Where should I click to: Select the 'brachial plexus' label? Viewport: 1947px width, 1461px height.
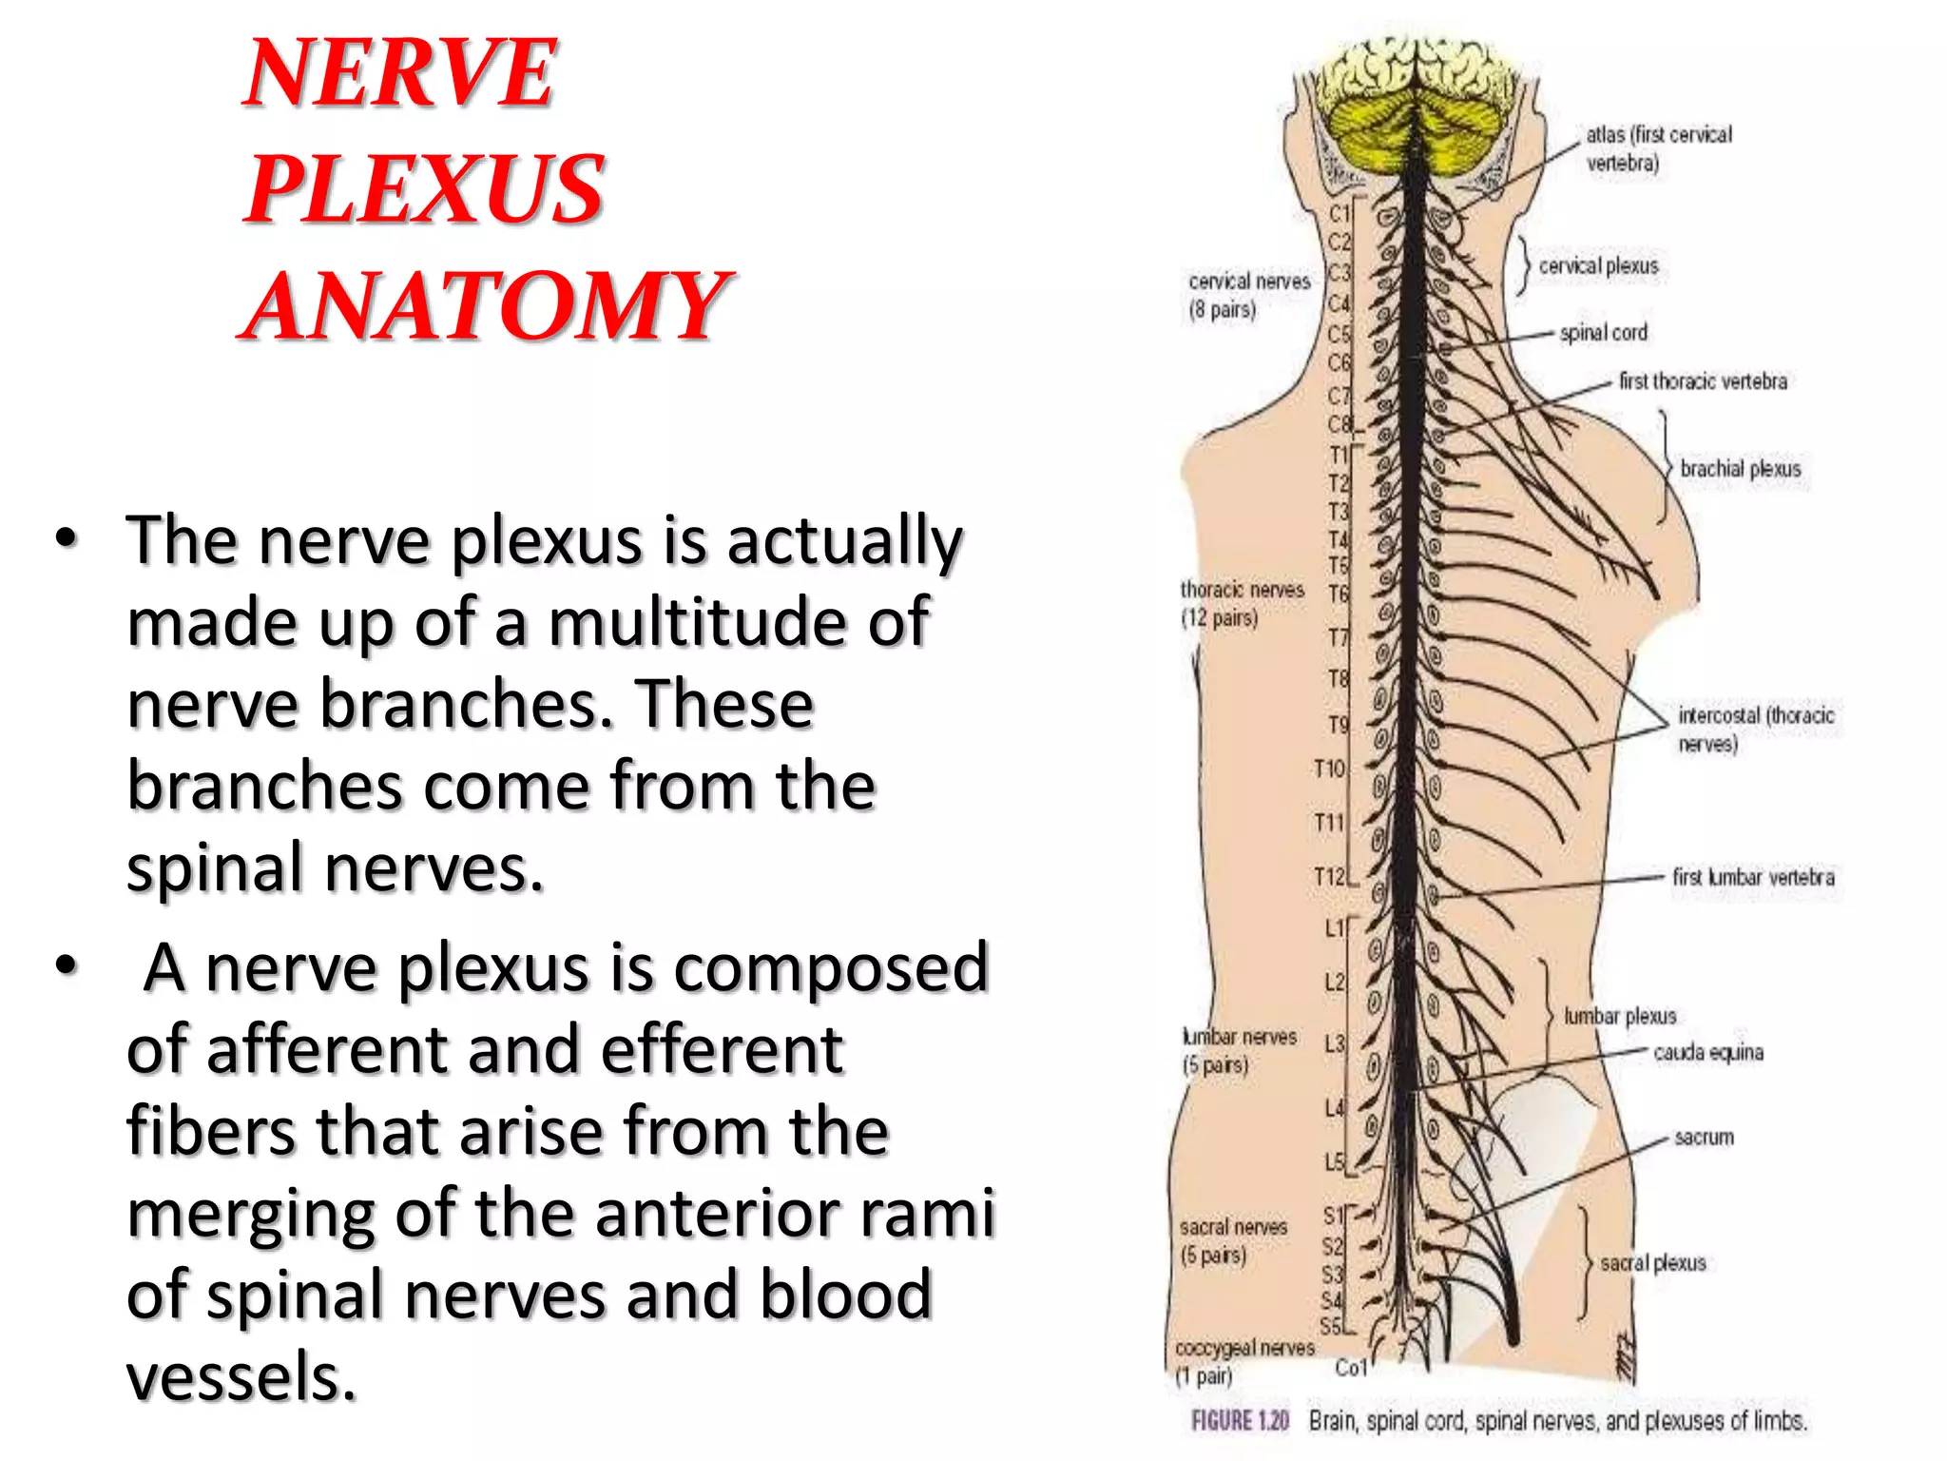[1740, 469]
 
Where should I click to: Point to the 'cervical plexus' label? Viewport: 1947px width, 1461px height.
[1598, 266]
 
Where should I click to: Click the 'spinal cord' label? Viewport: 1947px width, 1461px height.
[1604, 333]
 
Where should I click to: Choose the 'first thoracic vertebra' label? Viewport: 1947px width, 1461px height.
[1703, 381]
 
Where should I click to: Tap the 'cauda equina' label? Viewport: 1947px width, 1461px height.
[1708, 1052]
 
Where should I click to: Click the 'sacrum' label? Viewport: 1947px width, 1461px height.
[1704, 1137]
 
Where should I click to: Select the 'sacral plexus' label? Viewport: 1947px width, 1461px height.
[1653, 1263]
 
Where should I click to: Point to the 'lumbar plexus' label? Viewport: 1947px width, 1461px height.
[1620, 1016]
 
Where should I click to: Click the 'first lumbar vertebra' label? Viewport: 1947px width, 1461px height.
[1753, 877]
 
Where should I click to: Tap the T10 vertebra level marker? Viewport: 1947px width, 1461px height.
[1329, 769]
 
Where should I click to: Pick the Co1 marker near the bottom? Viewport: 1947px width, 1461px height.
[1351, 1368]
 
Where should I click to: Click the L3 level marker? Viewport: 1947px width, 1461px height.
[1335, 1043]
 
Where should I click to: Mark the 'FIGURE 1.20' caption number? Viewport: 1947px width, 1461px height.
[1240, 1421]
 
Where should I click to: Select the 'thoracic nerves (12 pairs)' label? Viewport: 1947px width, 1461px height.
[1242, 604]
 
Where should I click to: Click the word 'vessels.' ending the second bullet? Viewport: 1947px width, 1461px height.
[241, 1376]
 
